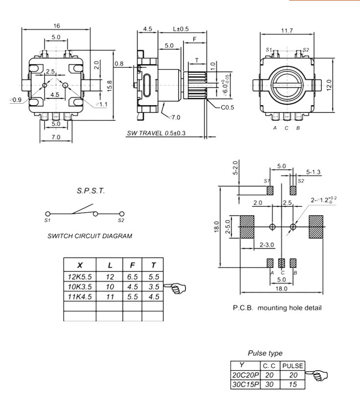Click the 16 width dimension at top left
57,25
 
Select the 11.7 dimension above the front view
287,31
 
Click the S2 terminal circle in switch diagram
122,214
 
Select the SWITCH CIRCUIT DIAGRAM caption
90,236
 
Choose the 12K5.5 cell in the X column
80,276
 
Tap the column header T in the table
154,265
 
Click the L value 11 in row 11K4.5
110,297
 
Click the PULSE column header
293,365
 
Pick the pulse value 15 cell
293,384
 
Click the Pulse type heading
265,353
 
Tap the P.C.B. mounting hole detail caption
277,308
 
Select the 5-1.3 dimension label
314,172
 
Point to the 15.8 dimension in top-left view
110,85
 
